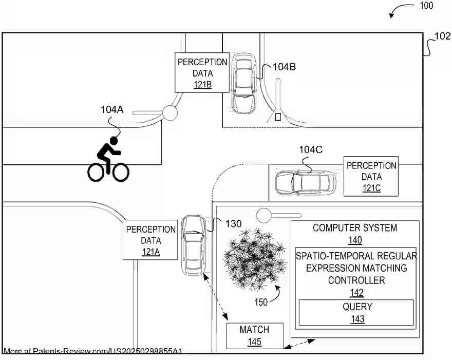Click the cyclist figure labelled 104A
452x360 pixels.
[108, 159]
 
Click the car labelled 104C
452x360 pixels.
[305, 183]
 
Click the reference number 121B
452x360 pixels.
[202, 85]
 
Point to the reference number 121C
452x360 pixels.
[371, 188]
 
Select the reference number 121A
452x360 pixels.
[151, 252]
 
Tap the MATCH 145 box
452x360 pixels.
[254, 335]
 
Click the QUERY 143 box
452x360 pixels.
[357, 313]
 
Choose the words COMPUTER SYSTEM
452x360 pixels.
[355, 228]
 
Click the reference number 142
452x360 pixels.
[356, 293]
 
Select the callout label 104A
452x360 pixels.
[112, 109]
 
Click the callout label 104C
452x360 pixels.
[311, 149]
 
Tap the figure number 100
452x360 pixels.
[426, 6]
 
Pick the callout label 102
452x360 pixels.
[443, 36]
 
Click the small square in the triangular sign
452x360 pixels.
[278, 117]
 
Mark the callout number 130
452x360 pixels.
[233, 223]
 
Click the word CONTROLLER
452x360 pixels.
[356, 280]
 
